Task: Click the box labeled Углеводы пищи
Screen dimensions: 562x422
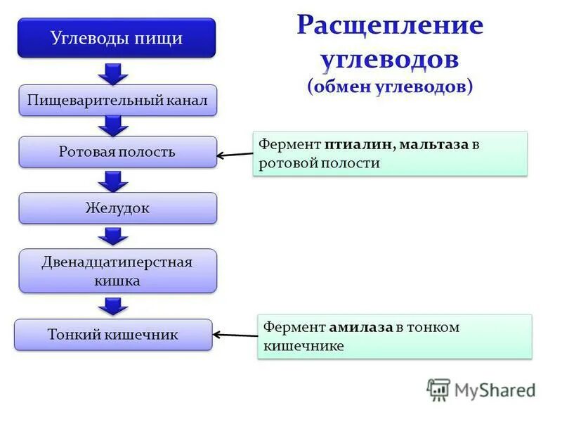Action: pyautogui.click(x=117, y=38)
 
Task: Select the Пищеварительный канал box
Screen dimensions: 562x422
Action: pyautogui.click(x=117, y=101)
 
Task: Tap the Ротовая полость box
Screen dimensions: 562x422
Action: pyautogui.click(x=117, y=152)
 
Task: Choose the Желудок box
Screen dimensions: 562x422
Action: pyautogui.click(x=117, y=208)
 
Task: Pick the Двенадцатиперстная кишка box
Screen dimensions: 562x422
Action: pyautogui.click(x=117, y=271)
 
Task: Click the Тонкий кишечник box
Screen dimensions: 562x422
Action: pyautogui.click(x=113, y=335)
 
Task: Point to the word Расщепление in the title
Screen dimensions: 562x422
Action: pyautogui.click(x=390, y=26)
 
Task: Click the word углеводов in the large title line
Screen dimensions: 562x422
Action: pyautogui.click(x=390, y=59)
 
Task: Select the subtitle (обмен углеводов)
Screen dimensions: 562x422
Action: pyautogui.click(x=390, y=86)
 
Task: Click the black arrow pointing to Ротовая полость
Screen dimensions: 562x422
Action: pyautogui.click(x=235, y=155)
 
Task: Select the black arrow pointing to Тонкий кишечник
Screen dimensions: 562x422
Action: pyautogui.click(x=235, y=335)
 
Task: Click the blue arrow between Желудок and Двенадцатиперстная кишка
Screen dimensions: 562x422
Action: pyautogui.click(x=112, y=236)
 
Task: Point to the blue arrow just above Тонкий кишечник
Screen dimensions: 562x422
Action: pyautogui.click(x=112, y=306)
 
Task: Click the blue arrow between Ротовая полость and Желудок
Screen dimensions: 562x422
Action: pyautogui.click(x=112, y=180)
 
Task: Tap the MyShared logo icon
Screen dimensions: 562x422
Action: pyautogui.click(x=438, y=390)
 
